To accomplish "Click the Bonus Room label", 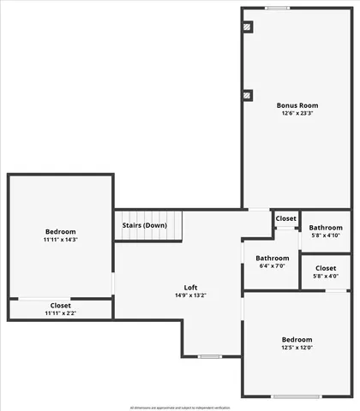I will click(297, 105).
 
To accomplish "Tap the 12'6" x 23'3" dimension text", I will click(297, 114).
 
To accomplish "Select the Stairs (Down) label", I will click(144, 225).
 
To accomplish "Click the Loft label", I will click(191, 287).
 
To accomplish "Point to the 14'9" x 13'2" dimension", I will click(191, 295).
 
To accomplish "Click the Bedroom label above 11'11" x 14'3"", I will click(60, 231).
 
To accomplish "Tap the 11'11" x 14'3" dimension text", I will click(60, 240).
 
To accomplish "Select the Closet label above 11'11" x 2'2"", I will click(60, 305).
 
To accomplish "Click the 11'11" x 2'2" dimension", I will click(60, 313).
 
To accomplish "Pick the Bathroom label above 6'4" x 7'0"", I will click(272, 258).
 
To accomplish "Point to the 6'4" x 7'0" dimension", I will click(272, 266).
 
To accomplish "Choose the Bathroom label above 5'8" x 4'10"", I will click(326, 228).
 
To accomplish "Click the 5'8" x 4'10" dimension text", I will click(326, 235).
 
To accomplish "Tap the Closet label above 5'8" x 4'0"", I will click(326, 268).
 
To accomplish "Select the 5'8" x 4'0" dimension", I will click(326, 276).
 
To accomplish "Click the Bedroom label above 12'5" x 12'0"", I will click(297, 339).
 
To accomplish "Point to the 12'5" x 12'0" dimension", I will click(297, 348).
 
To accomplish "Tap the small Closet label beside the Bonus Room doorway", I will click(285, 218).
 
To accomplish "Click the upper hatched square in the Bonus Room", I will click(248, 27).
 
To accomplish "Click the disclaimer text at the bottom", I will click(180, 407).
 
